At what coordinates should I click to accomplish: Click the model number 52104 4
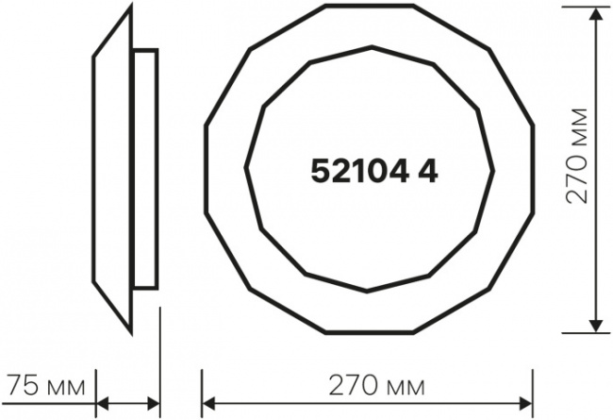[x=374, y=172]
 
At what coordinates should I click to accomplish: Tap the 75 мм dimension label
[x=46, y=386]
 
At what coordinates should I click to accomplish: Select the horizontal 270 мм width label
[x=376, y=386]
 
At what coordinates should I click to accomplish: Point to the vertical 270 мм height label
[x=577, y=156]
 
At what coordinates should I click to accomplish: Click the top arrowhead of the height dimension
[x=596, y=14]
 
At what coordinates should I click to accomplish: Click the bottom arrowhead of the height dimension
[x=596, y=326]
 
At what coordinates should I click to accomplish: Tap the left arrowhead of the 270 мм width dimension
[x=208, y=404]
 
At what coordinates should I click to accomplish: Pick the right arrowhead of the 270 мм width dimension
[x=525, y=404]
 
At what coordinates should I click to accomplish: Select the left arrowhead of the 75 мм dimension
[x=103, y=404]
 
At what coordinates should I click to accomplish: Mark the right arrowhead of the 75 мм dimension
[x=154, y=404]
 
